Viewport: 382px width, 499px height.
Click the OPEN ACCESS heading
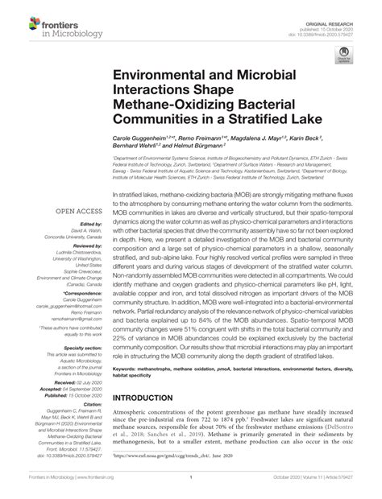pyautogui.click(x=78, y=212)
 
